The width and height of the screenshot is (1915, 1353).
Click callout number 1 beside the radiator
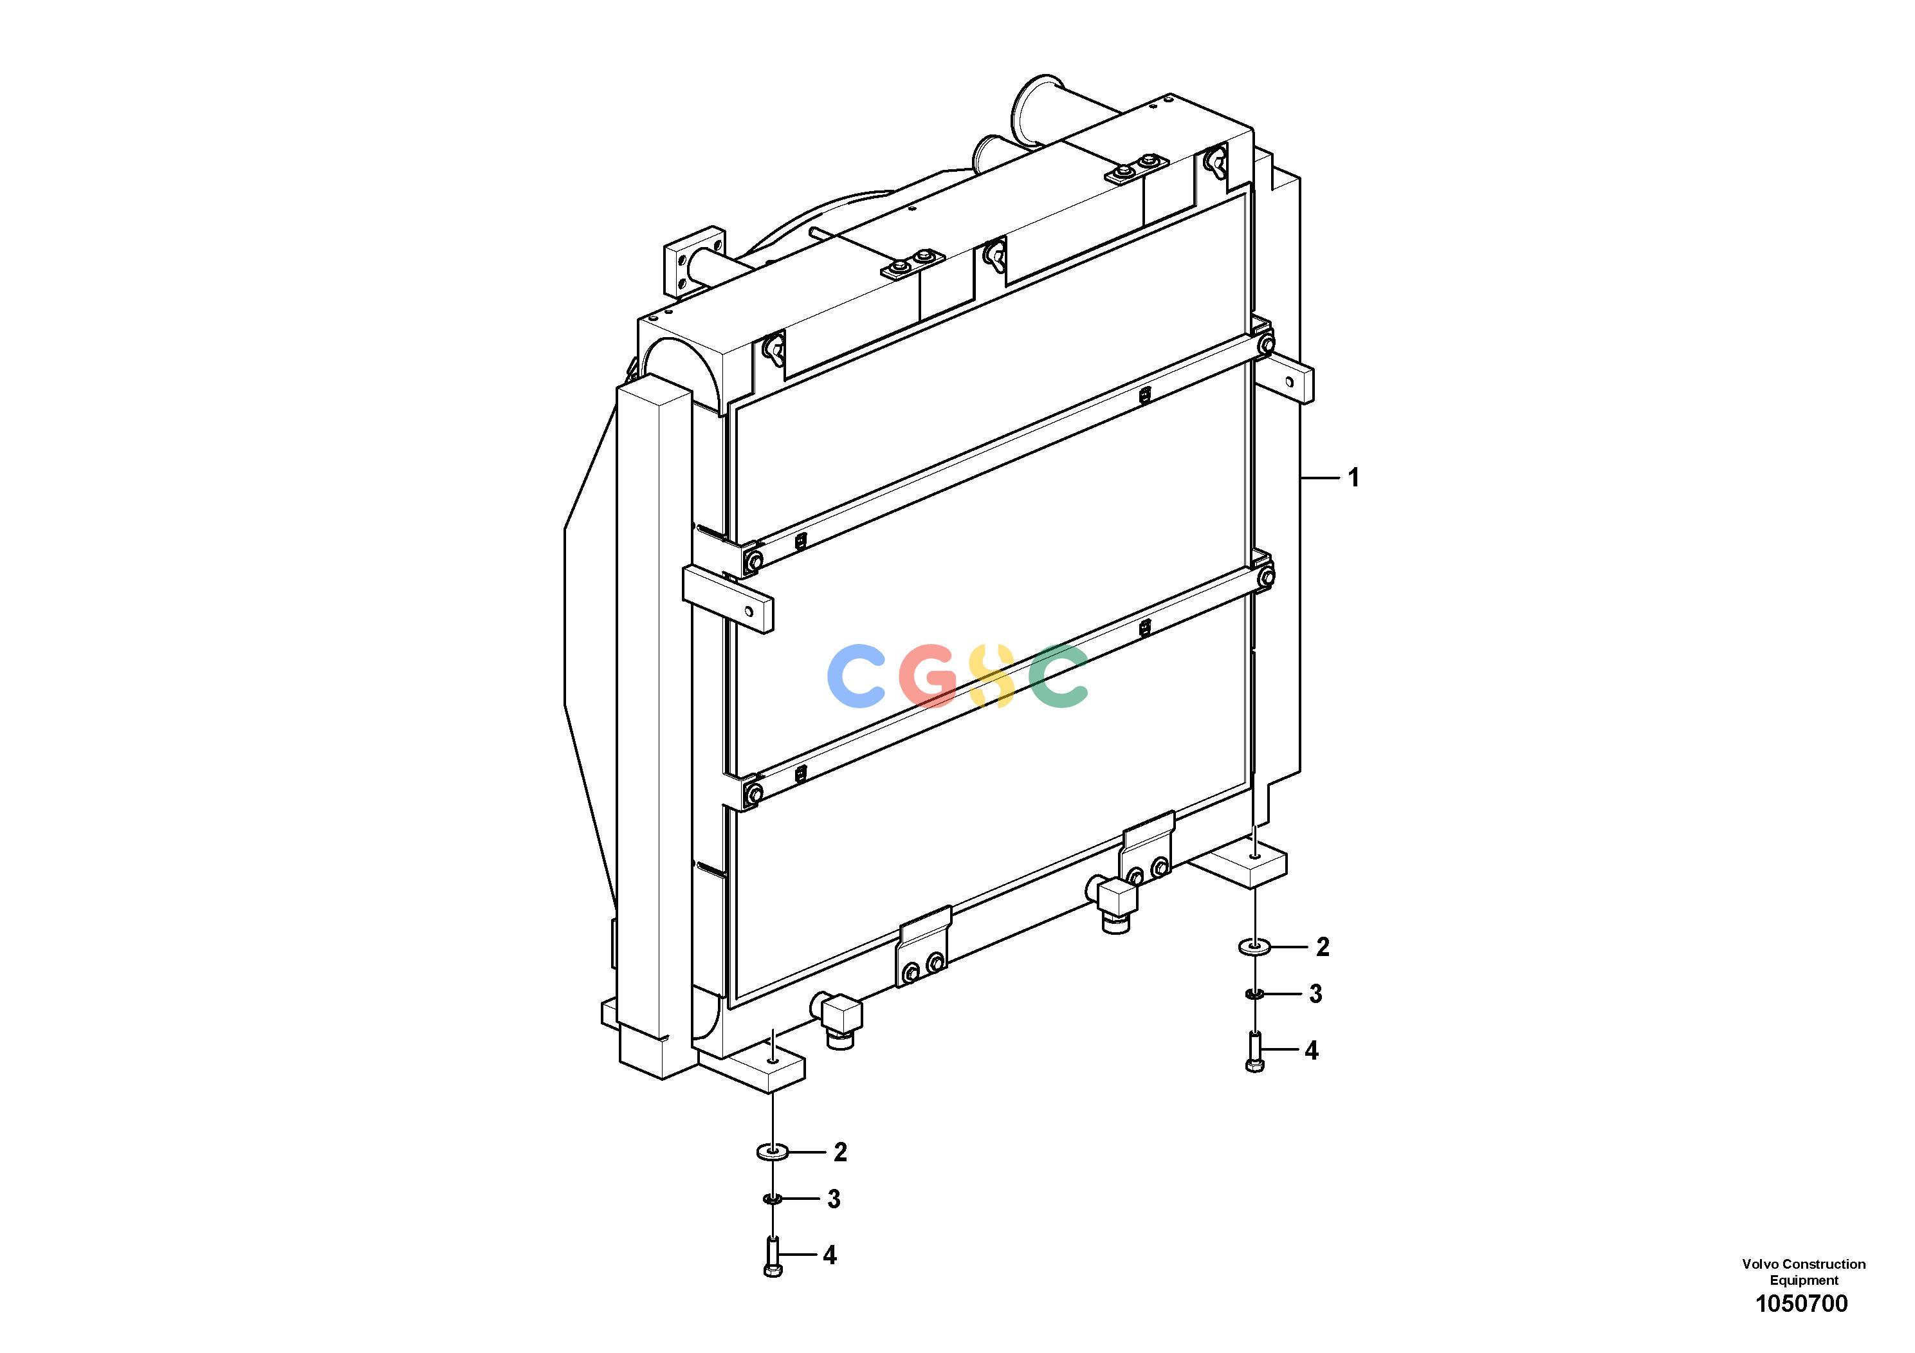point(1353,478)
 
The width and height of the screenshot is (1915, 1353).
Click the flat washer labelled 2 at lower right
point(1254,947)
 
